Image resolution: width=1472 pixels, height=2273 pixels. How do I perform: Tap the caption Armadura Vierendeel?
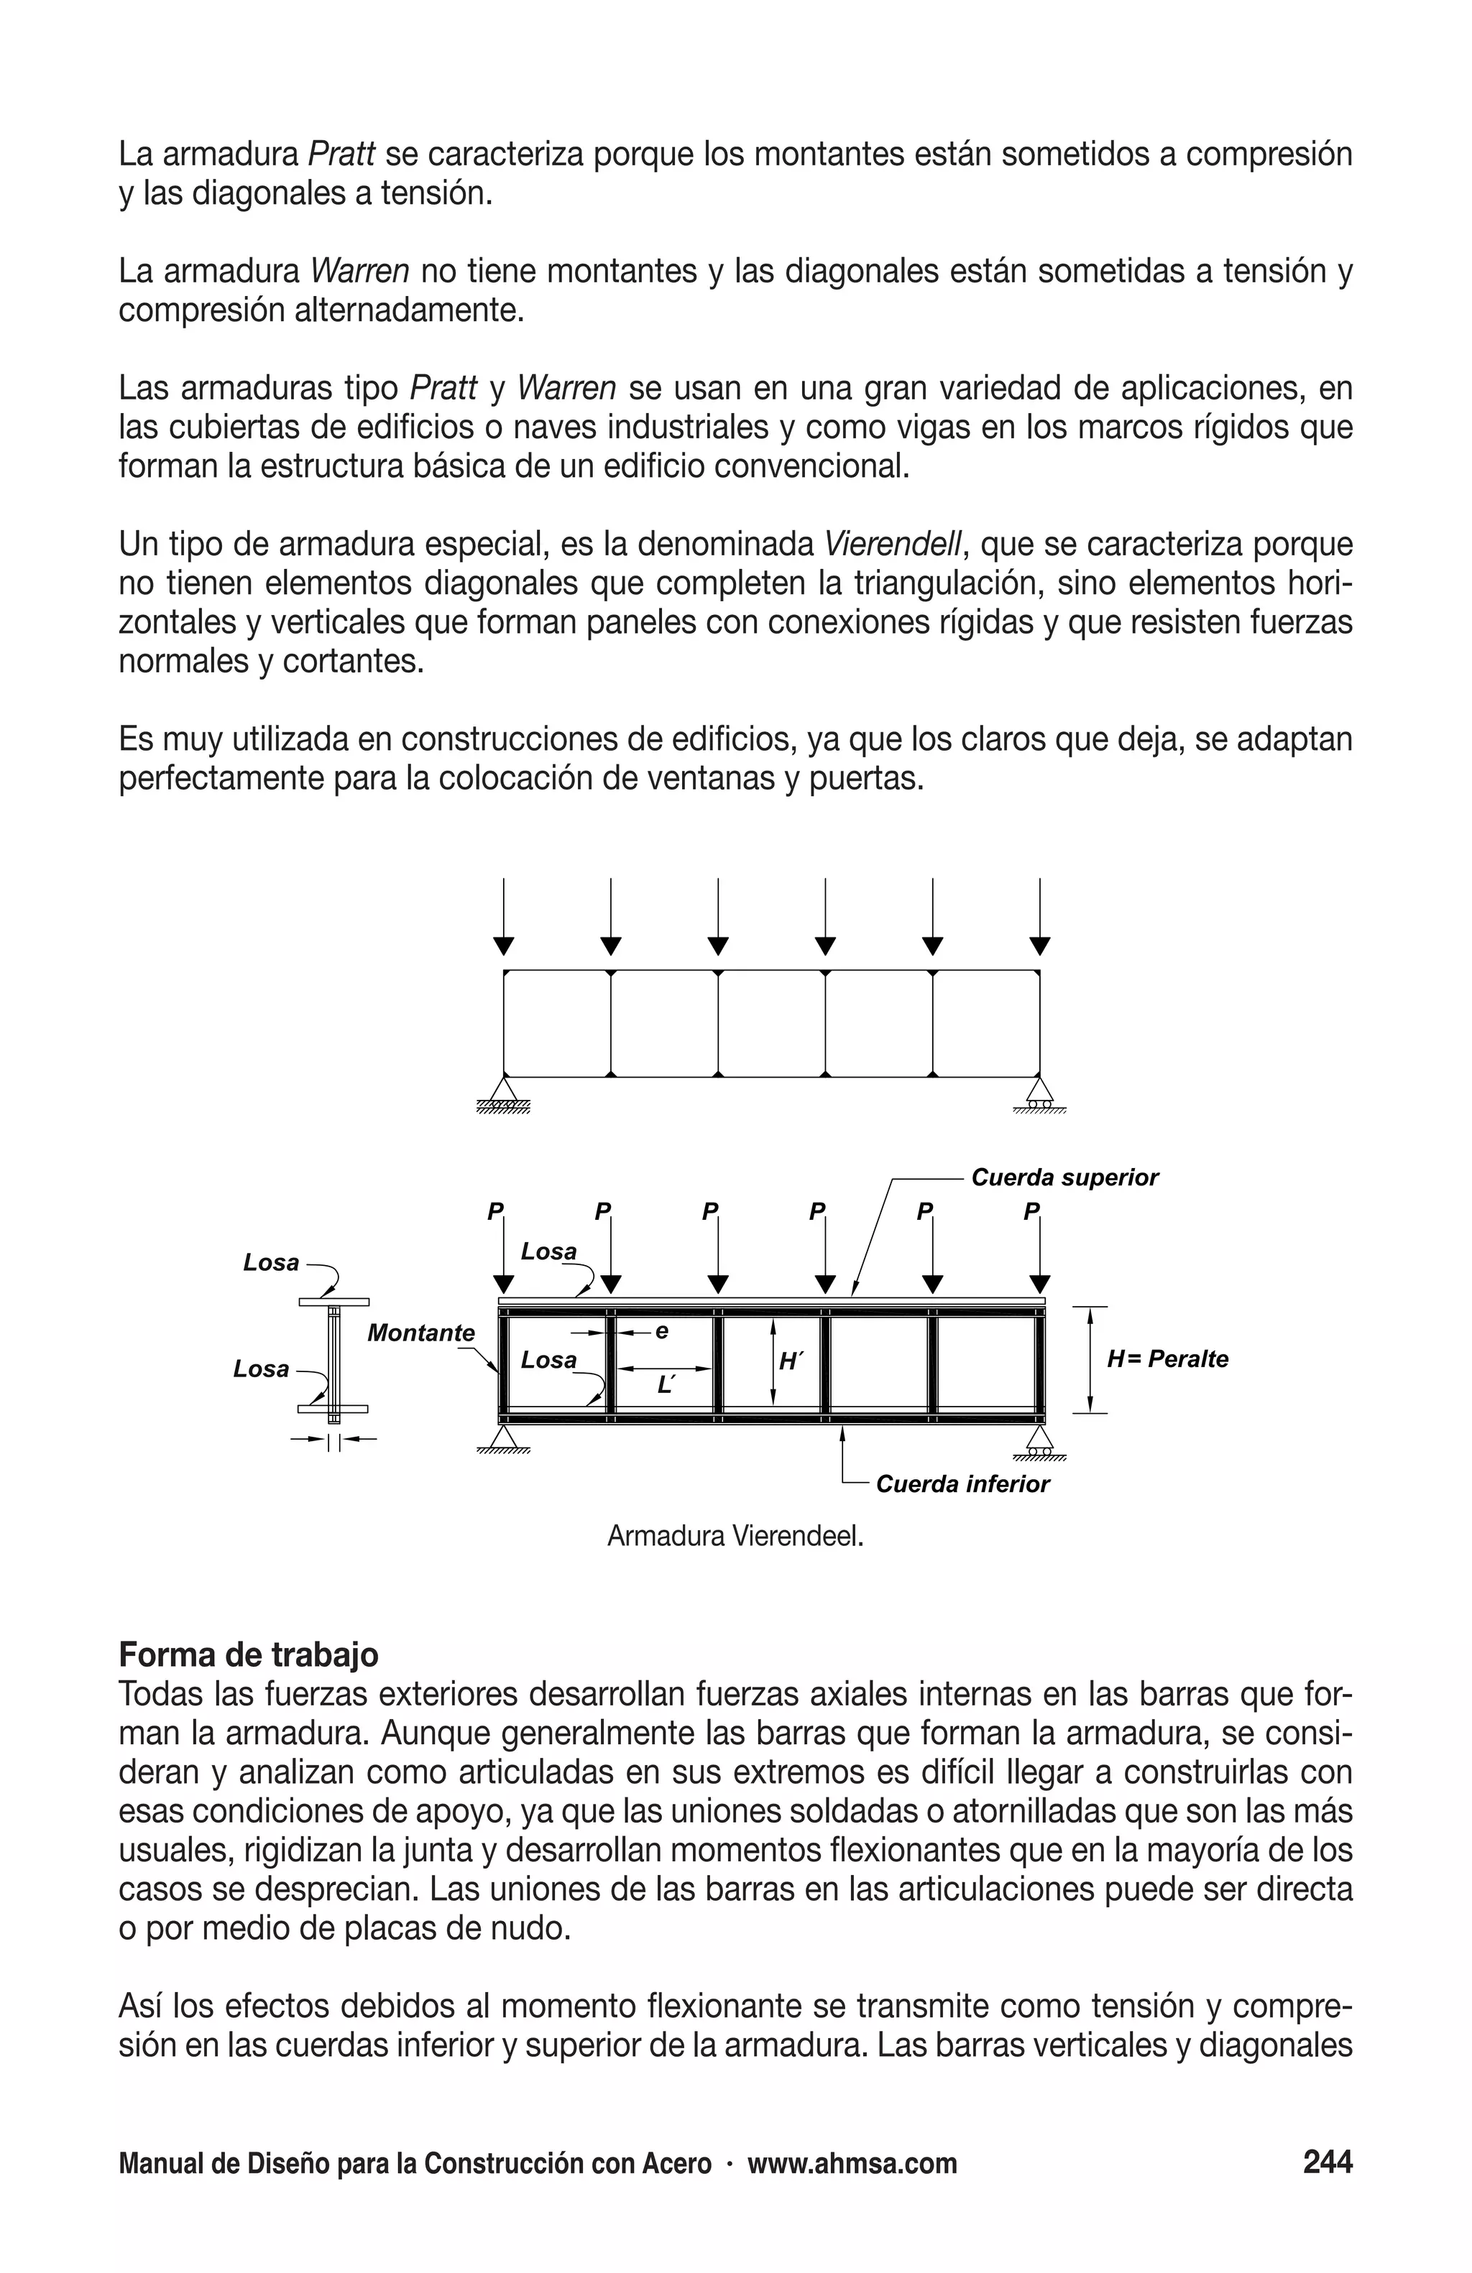pyautogui.click(x=735, y=1537)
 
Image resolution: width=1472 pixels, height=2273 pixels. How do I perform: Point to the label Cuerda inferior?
pyautogui.click(x=962, y=1484)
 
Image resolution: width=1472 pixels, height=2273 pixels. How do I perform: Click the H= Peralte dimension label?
pyautogui.click(x=1167, y=1359)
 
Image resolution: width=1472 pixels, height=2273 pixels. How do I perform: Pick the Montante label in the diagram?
pyautogui.click(x=420, y=1333)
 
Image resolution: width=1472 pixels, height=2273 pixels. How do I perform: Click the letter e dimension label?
pyautogui.click(x=661, y=1330)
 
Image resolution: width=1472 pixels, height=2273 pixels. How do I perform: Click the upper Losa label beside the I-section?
pyautogui.click(x=271, y=1262)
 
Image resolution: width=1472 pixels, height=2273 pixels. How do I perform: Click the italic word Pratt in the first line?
pyautogui.click(x=341, y=154)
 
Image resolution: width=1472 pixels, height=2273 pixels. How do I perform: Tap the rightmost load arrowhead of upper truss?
pyautogui.click(x=1040, y=945)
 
